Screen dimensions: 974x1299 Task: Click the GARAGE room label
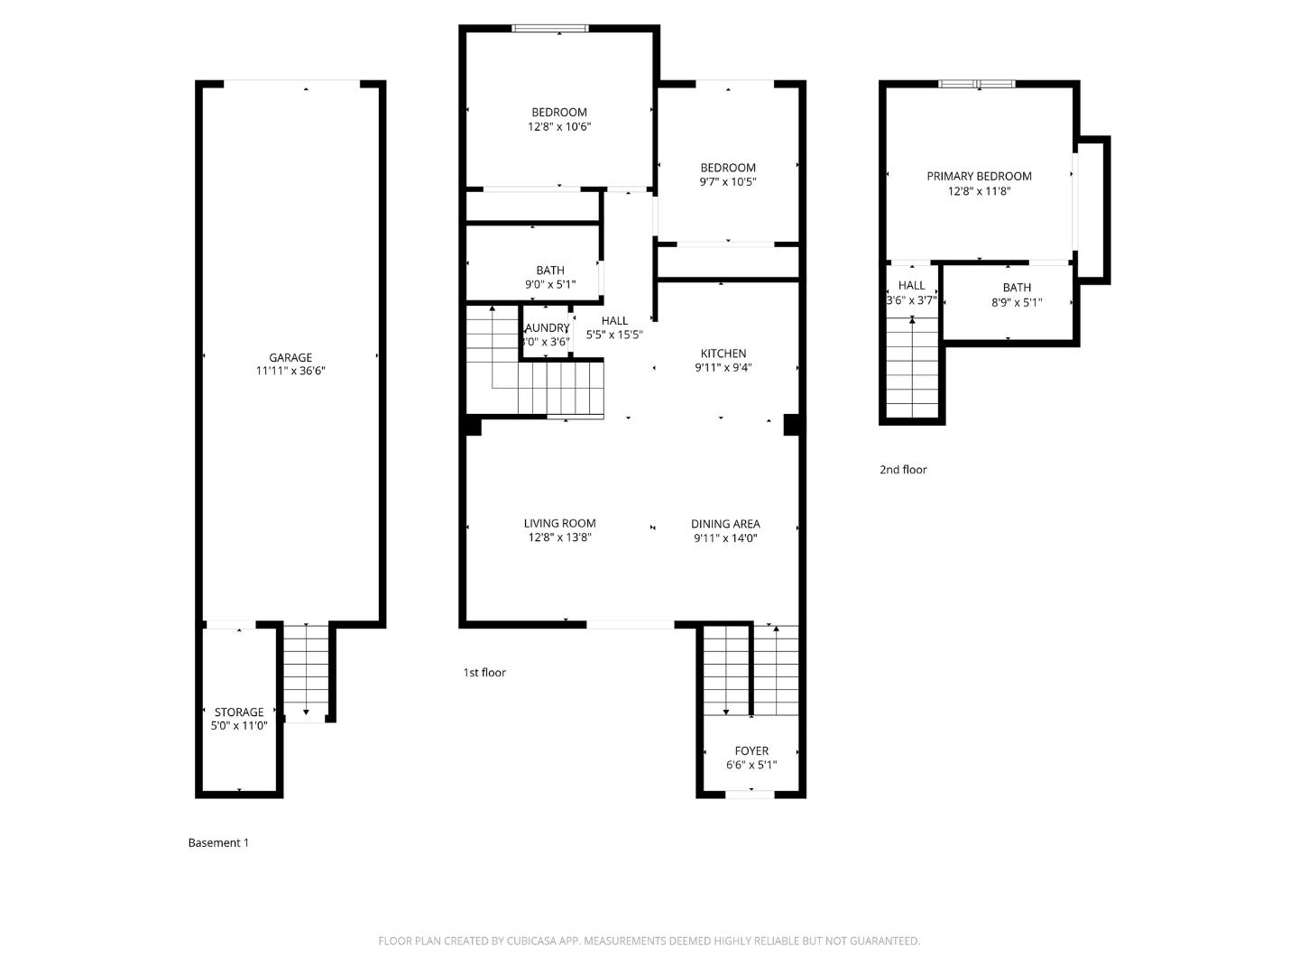290,357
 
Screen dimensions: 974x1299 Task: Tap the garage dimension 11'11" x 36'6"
290,371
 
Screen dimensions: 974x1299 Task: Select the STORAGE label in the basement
239,712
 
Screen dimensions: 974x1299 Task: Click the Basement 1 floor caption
218,842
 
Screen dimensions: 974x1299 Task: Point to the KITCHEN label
723,354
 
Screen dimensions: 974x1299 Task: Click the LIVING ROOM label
559,523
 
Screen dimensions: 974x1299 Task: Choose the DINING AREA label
725,523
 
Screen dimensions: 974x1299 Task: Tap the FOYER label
751,750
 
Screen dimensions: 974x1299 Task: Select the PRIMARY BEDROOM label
979,176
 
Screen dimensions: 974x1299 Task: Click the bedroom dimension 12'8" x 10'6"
559,127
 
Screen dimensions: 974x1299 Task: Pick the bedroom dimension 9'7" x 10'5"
728,182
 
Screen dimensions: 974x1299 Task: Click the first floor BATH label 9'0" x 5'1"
550,270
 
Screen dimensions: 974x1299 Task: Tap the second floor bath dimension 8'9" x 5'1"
1017,303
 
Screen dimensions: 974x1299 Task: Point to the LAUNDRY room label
547,327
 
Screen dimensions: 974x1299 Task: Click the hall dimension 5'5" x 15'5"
614,335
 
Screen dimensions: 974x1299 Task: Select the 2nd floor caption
903,469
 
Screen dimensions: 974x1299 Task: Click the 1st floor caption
484,672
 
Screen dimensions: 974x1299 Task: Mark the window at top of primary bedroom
977,84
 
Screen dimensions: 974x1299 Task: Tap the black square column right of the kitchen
791,425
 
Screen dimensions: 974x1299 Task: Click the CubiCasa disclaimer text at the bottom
649,941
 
